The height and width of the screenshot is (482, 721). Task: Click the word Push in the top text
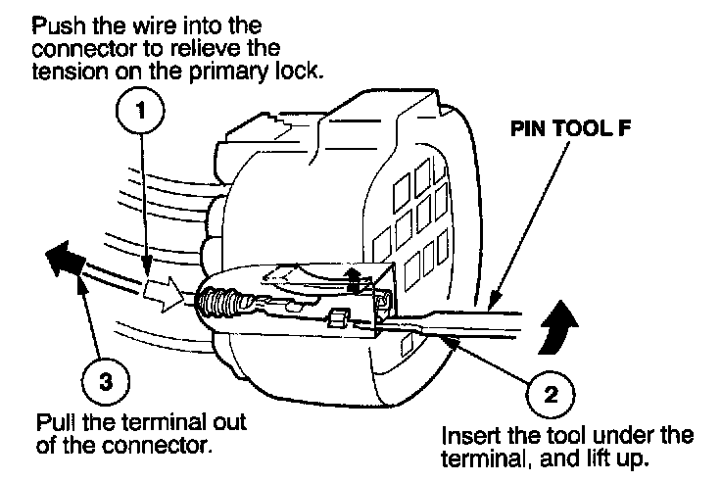[x=55, y=22]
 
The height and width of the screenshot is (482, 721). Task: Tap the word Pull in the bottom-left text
[x=53, y=424]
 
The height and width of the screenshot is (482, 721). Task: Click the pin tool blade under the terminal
[x=460, y=324]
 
